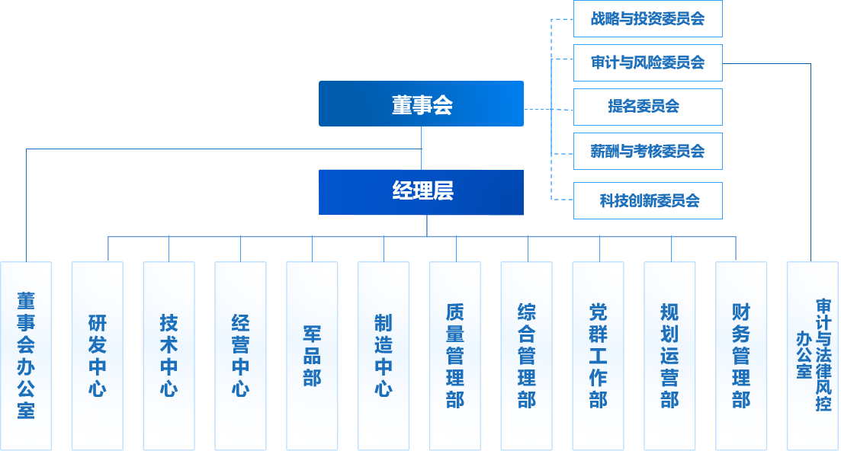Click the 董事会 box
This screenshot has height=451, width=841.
click(x=421, y=104)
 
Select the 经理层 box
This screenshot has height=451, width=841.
click(x=421, y=192)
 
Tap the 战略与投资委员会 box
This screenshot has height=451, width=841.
click(x=647, y=19)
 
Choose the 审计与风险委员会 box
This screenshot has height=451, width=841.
click(x=647, y=62)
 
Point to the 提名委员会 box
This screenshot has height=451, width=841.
click(x=647, y=107)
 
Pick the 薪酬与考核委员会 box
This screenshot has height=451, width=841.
click(x=647, y=151)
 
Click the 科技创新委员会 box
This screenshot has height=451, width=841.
click(x=647, y=201)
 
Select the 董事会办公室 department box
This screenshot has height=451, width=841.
click(x=26, y=355)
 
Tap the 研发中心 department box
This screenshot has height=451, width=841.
click(x=97, y=355)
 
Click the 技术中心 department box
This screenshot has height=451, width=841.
click(x=169, y=355)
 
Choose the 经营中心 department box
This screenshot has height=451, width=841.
click(x=240, y=355)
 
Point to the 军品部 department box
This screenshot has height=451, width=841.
click(x=312, y=355)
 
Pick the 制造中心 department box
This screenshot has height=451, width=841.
click(x=384, y=355)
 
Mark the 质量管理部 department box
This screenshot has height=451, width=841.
click(x=455, y=355)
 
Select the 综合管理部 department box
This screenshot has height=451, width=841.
click(x=527, y=355)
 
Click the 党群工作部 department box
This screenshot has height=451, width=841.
click(x=599, y=355)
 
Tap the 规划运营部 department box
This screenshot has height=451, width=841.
click(x=669, y=355)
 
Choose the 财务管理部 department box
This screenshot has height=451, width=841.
click(x=741, y=355)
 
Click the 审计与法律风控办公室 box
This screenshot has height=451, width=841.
click(x=813, y=355)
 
